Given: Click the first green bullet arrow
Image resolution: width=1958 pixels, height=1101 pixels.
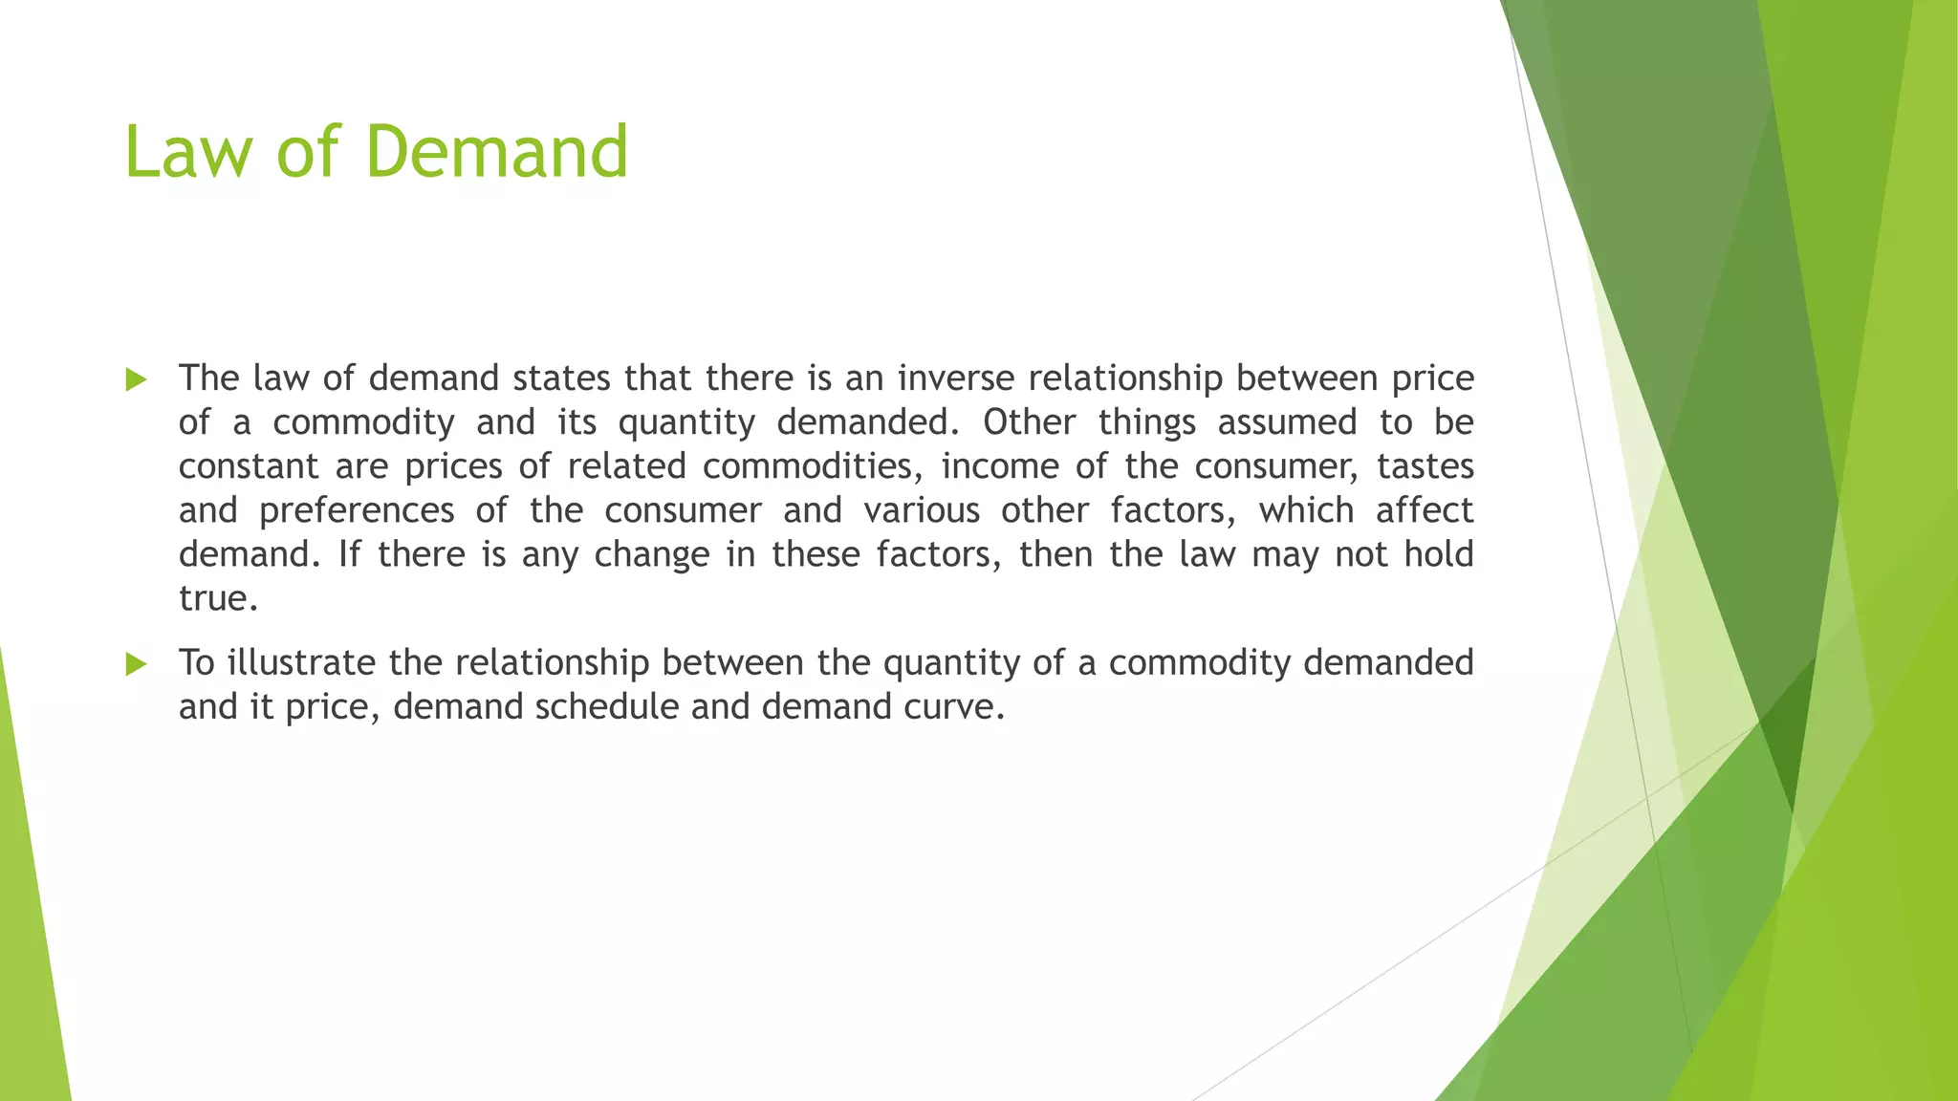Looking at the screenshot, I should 136,380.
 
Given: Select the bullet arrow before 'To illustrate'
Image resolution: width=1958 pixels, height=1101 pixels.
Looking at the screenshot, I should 136,664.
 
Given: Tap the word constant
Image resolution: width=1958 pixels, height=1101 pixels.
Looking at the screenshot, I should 249,466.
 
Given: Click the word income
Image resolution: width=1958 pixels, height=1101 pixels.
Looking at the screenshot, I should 997,466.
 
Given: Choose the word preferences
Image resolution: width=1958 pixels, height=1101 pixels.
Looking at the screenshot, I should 357,511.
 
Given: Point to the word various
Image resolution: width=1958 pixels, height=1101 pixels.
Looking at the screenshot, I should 922,510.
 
